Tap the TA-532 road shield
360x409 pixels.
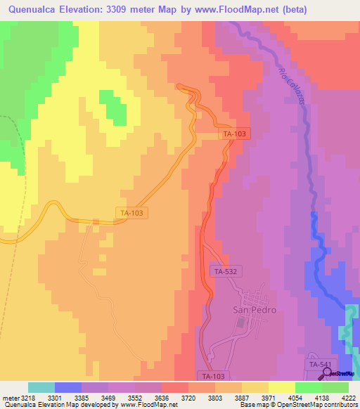225,271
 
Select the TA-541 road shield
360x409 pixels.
318,364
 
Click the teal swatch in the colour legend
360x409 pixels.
41,387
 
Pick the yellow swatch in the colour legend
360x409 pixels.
281,387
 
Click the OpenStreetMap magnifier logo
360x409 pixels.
328,372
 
